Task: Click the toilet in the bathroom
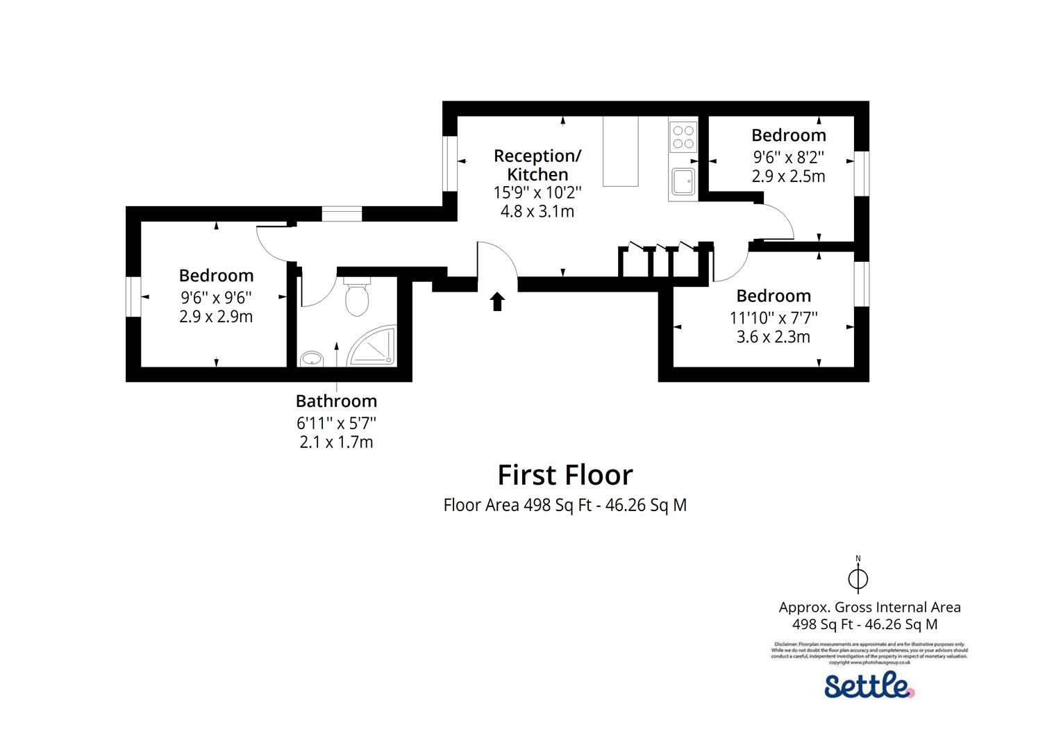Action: coord(357,297)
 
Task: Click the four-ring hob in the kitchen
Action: coord(683,136)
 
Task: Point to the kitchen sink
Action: coord(682,182)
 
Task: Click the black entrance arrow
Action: coord(497,301)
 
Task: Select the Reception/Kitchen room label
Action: coord(537,165)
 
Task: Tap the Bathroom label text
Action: coord(336,401)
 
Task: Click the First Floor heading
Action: coord(565,475)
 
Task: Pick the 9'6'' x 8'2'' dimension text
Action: coord(789,156)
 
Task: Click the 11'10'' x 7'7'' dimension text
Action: coord(774,317)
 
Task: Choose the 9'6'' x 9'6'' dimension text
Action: coord(216,297)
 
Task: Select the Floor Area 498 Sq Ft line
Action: coord(565,505)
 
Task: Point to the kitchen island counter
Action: coord(620,151)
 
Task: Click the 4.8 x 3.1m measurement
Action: coord(537,211)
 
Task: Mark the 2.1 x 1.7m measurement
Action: coord(336,442)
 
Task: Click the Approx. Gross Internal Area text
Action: coord(869,607)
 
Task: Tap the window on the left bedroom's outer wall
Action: coord(133,297)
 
